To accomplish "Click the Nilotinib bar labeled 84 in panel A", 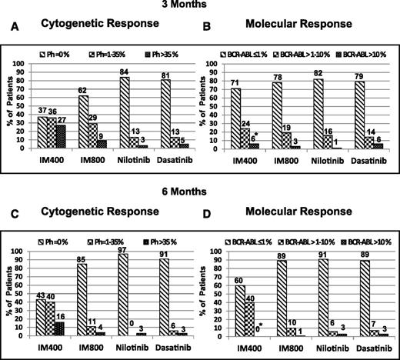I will click(122, 105).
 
